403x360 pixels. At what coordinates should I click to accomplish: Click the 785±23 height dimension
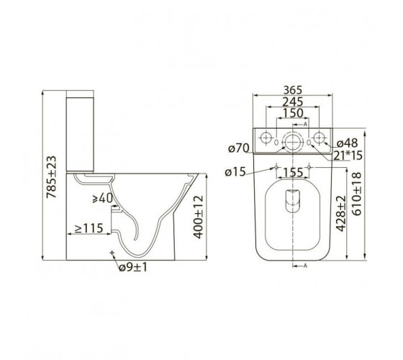[x=51, y=177]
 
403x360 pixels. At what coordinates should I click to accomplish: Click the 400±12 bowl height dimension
[x=199, y=217]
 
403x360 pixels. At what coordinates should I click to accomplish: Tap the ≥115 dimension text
[x=89, y=228]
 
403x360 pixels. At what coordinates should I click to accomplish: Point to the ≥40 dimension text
[x=103, y=198]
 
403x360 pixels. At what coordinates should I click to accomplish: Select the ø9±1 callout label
[x=133, y=267]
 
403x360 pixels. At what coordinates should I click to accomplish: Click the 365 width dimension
[x=293, y=90]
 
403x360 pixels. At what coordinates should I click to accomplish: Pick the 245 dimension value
[x=293, y=102]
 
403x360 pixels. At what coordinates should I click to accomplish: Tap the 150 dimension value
[x=293, y=113]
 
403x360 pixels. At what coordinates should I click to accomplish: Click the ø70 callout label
[x=239, y=148]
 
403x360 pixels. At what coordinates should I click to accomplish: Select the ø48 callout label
[x=347, y=143]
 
